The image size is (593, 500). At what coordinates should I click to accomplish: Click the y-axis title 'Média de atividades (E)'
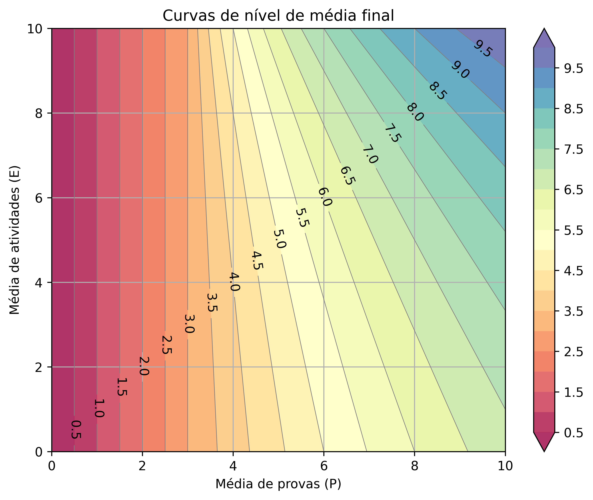tap(15, 240)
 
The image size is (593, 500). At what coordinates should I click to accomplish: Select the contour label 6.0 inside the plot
tap(325, 197)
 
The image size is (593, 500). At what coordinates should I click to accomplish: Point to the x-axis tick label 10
tap(505, 466)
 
